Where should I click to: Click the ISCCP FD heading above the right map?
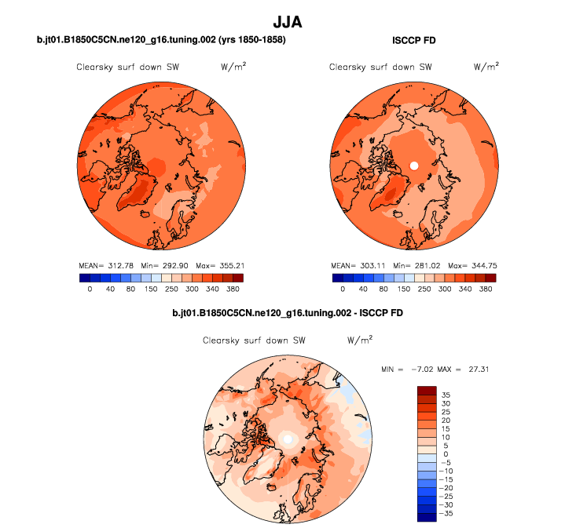pyautogui.click(x=413, y=40)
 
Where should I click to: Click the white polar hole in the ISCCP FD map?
pyautogui.click(x=414, y=166)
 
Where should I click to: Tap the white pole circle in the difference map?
pyautogui.click(x=288, y=438)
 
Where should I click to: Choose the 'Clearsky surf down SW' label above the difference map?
pyautogui.click(x=254, y=340)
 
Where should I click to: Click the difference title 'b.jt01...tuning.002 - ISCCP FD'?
pyautogui.click(x=288, y=314)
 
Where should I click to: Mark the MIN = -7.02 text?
pyautogui.click(x=408, y=368)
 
